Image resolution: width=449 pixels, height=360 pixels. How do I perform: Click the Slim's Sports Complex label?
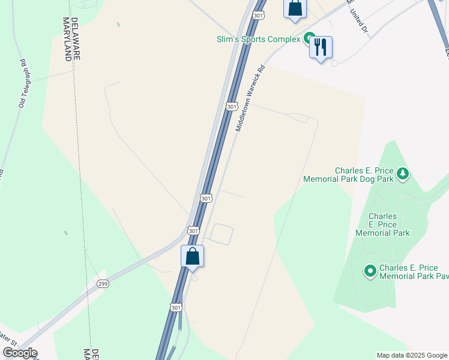(258, 40)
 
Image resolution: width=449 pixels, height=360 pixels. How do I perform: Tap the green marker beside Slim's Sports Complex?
(310, 40)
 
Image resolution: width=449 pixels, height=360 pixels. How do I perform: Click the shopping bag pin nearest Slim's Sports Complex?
(295, 8)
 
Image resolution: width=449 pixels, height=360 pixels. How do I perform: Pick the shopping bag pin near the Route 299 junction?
(193, 257)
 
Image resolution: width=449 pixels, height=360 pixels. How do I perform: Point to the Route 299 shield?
(103, 284)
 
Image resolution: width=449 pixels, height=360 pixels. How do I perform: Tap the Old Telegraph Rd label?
(23, 84)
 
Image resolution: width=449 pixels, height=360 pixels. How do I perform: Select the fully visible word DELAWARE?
(75, 38)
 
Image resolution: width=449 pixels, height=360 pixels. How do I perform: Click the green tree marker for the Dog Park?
(403, 174)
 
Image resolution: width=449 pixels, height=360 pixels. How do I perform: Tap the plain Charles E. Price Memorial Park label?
(382, 224)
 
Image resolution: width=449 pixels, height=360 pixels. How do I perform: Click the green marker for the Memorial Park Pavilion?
(370, 272)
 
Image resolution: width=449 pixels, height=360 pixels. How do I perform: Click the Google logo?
(20, 353)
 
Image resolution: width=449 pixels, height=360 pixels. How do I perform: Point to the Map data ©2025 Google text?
(411, 355)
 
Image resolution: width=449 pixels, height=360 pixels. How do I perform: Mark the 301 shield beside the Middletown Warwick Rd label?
(232, 106)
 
